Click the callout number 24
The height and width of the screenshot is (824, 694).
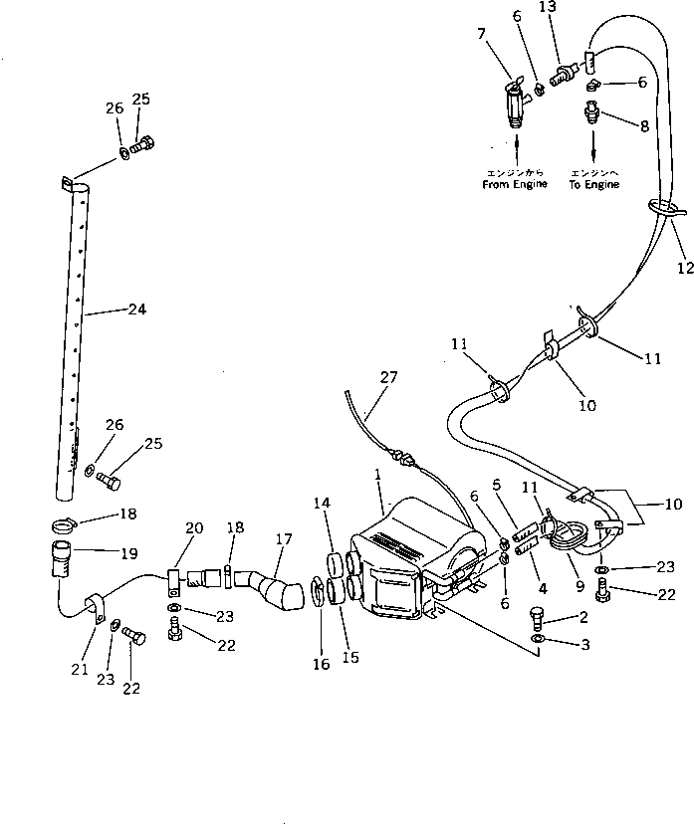tap(136, 309)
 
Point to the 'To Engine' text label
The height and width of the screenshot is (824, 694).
tap(595, 184)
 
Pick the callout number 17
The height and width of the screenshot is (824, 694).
tap(284, 539)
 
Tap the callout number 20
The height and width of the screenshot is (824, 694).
tap(193, 527)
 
